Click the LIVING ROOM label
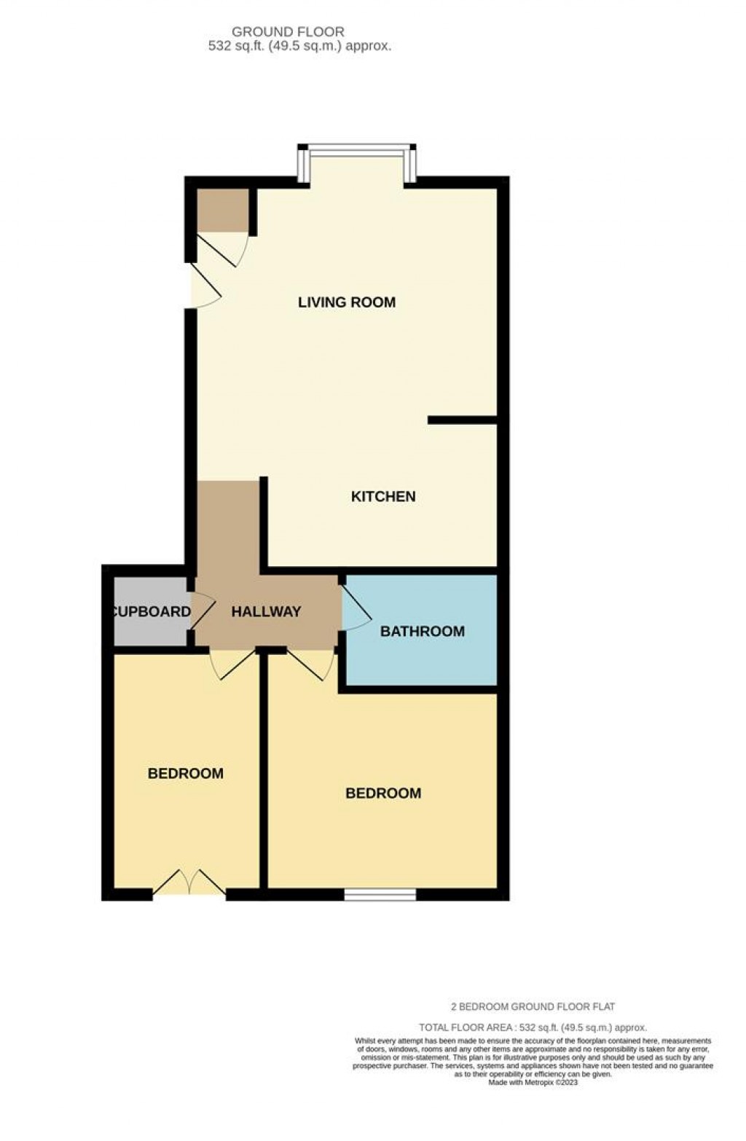click(x=347, y=302)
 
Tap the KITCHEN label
click(x=383, y=497)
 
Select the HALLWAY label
click(x=266, y=612)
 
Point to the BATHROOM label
click(x=423, y=632)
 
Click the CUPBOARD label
click(x=152, y=612)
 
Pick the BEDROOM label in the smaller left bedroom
click(x=186, y=774)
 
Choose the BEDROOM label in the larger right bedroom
click(x=383, y=793)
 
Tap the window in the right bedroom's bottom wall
click(x=380, y=894)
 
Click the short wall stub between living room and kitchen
click(x=462, y=420)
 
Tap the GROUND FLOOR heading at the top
click(x=288, y=32)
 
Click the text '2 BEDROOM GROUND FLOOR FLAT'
click(x=533, y=1007)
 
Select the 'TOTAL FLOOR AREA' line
click(x=533, y=1027)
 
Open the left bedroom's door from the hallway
click(x=232, y=663)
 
